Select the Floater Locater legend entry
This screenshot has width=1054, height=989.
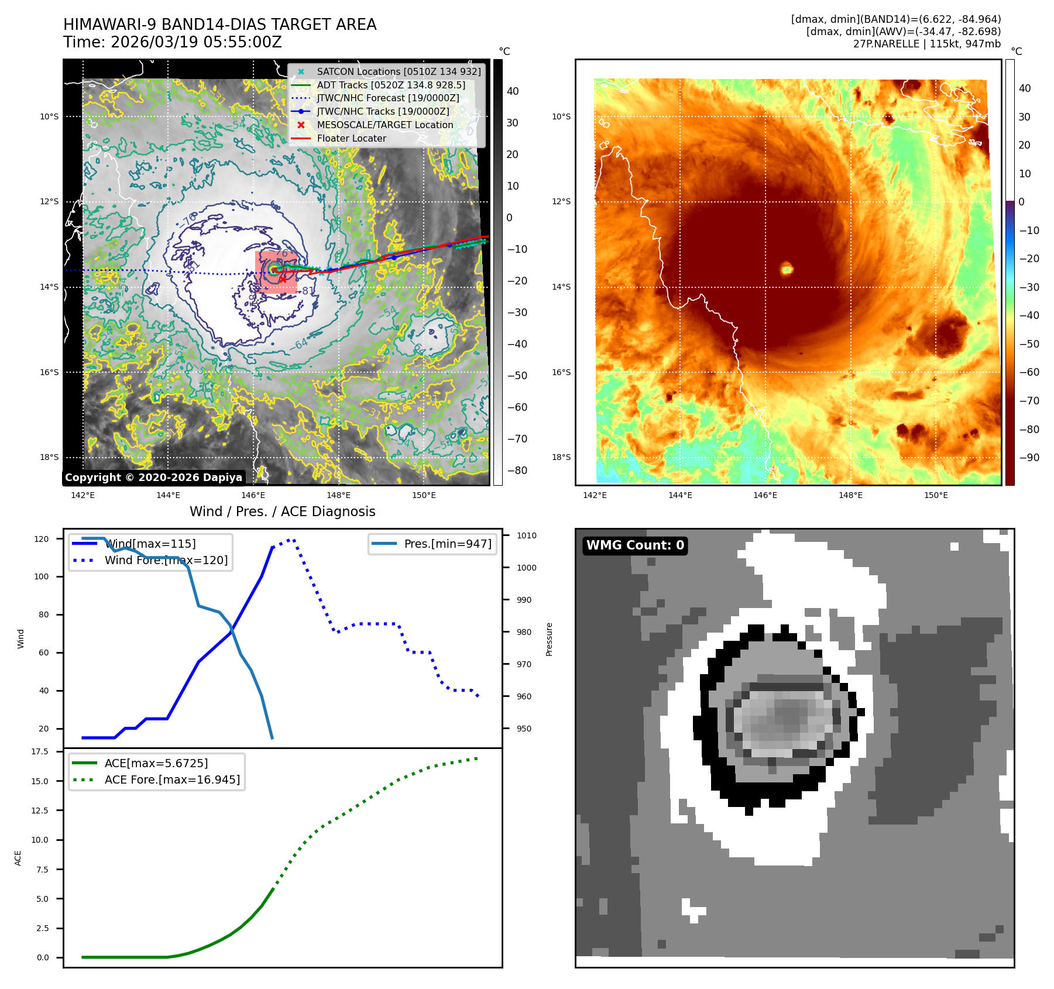click(351, 138)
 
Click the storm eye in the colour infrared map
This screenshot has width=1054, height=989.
click(787, 269)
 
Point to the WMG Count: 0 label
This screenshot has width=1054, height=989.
click(635, 545)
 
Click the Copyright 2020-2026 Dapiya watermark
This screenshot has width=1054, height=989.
click(153, 478)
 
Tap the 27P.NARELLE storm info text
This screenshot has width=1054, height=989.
click(926, 44)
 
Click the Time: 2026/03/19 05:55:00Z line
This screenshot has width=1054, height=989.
click(173, 42)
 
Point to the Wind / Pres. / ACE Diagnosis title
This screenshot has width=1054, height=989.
click(282, 511)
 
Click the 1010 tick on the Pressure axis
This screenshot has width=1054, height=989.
click(526, 535)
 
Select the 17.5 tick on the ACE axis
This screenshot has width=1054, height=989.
click(40, 751)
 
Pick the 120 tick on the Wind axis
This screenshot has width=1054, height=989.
click(42, 539)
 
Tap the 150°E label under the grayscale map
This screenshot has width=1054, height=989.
click(424, 495)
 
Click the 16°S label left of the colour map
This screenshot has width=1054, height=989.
click(561, 372)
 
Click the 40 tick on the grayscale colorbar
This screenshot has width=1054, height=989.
click(513, 91)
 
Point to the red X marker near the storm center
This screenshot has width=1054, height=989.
click(283, 280)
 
